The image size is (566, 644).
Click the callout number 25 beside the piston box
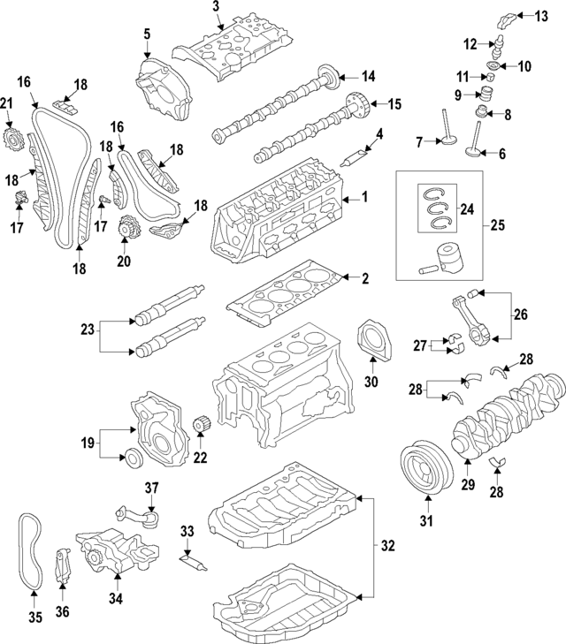point(498,224)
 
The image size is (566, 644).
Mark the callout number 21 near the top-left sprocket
point(7,106)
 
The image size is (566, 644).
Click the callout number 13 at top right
point(542,15)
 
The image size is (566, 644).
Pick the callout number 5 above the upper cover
point(147,34)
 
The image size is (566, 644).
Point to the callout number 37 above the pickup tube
point(151,488)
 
